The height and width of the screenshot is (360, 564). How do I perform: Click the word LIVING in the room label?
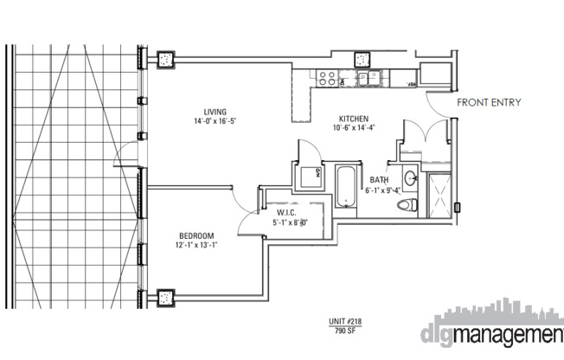(215, 112)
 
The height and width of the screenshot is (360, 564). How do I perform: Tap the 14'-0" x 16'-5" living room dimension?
(215, 122)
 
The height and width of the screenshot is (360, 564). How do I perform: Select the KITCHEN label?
(354, 119)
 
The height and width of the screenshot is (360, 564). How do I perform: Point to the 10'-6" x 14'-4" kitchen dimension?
(354, 129)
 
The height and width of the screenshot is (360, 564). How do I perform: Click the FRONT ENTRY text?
(489, 102)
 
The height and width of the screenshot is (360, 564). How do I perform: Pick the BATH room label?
(379, 180)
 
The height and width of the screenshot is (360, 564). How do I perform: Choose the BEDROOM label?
(196, 236)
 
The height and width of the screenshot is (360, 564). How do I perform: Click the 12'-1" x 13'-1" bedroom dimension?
(196, 246)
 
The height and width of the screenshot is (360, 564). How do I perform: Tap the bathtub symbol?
(346, 187)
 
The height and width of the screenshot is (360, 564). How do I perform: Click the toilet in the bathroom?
(405, 205)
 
